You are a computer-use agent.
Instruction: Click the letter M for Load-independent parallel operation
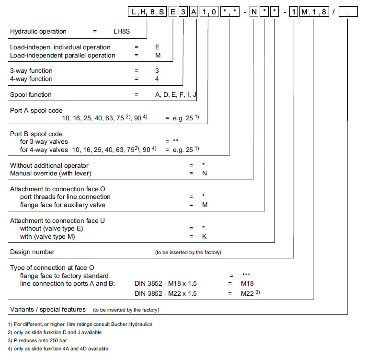click(x=158, y=55)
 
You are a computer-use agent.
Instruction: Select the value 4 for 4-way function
click(x=157, y=79)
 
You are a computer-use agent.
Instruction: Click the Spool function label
click(x=31, y=94)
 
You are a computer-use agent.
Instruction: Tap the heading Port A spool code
click(x=36, y=110)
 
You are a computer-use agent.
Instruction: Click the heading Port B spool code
click(x=36, y=134)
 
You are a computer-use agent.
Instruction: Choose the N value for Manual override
click(x=205, y=173)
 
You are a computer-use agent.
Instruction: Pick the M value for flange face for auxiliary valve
click(x=205, y=205)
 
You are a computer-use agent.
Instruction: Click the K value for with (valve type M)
click(x=205, y=236)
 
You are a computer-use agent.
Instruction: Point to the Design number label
click(x=33, y=252)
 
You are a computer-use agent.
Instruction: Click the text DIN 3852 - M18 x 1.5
click(x=166, y=283)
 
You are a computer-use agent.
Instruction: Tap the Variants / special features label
click(x=48, y=309)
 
